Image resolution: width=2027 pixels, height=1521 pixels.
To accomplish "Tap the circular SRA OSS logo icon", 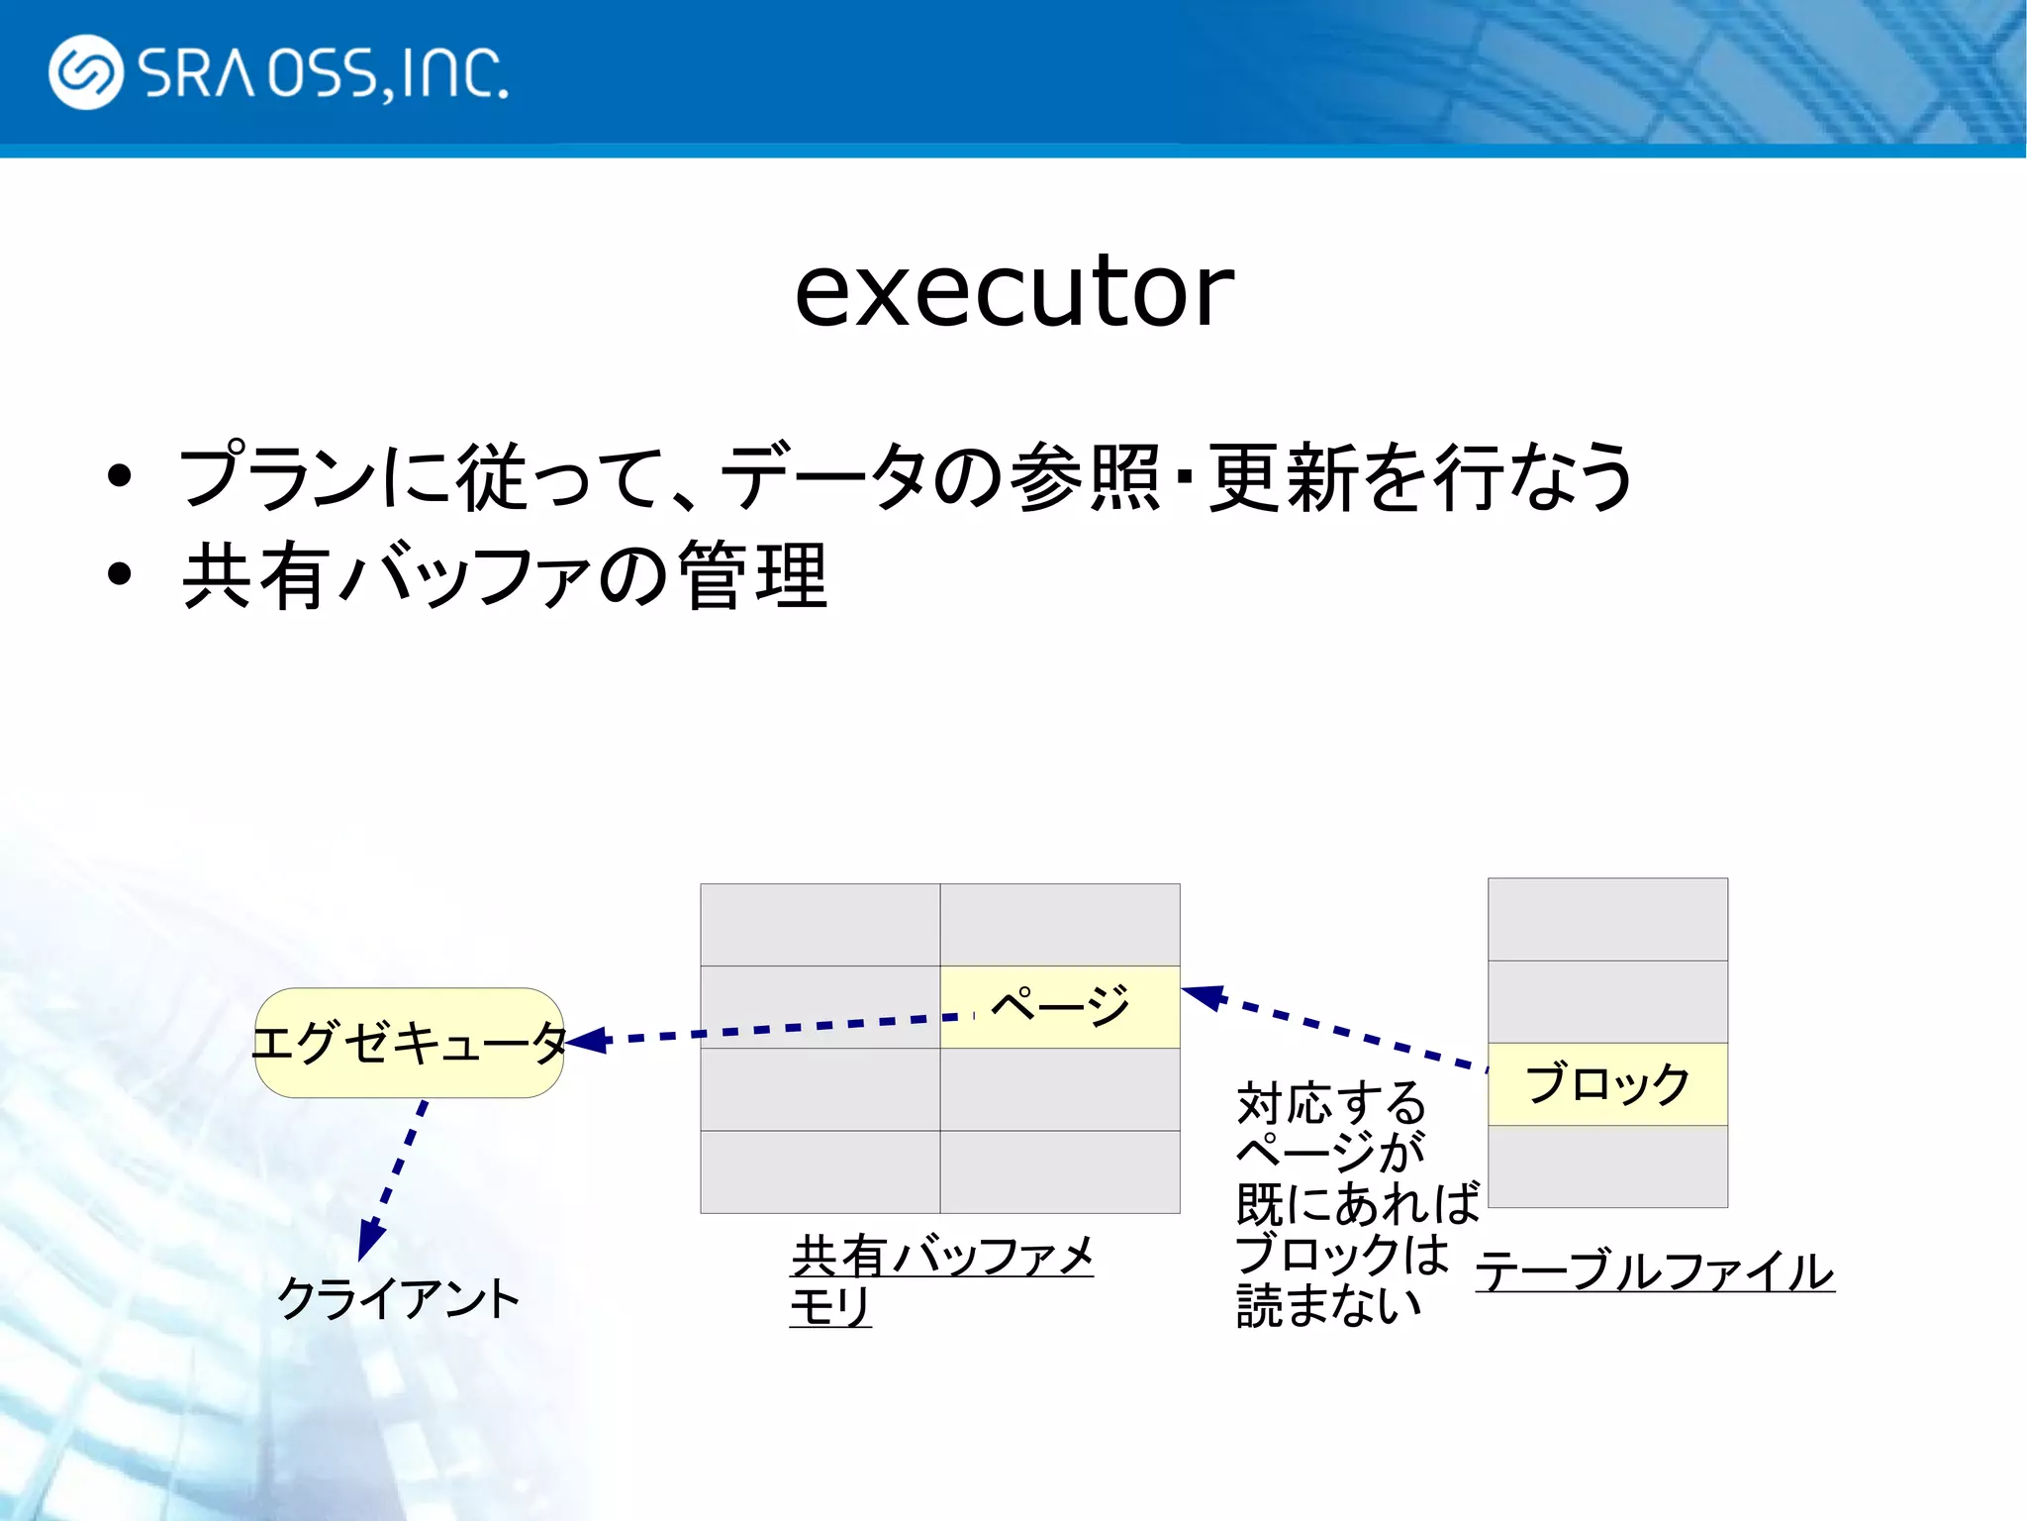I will [85, 71].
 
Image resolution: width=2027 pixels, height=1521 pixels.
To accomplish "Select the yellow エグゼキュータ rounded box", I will [409, 1043].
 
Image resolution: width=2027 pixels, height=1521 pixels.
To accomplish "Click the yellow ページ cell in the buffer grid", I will [1060, 1006].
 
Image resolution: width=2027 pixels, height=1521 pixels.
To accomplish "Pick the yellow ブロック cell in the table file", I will [1607, 1084].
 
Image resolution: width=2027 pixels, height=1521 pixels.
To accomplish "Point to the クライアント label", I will [398, 1298].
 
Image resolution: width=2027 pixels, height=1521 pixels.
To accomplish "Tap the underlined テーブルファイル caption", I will [1654, 1271].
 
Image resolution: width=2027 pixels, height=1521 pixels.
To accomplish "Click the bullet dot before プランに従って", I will [120, 476].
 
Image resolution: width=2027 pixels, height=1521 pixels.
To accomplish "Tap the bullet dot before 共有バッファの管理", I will [120, 574].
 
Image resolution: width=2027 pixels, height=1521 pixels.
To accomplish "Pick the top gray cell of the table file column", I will [1607, 919].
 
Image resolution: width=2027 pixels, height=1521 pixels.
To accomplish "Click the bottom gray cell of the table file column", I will [1607, 1166].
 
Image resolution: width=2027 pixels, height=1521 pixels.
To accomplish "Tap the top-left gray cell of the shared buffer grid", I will [820, 925].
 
